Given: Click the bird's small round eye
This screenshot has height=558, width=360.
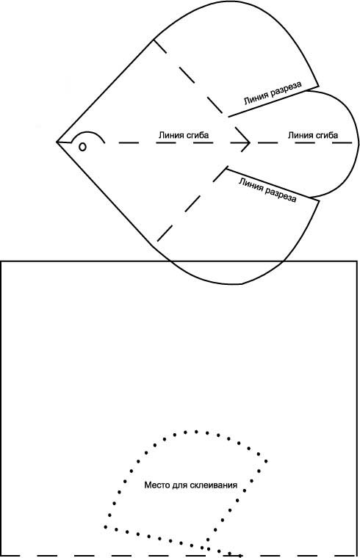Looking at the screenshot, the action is coord(82,146).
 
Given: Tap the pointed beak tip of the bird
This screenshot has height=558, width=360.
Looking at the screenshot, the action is coord(57,142).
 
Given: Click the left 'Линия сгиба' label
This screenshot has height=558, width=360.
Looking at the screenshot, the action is coord(184,135).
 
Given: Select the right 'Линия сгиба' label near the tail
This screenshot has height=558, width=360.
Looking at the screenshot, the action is coord(313,135).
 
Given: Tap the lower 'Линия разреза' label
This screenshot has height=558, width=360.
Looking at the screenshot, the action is coord(267,190).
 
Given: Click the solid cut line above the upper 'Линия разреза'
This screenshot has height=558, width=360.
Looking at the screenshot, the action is coord(273,101).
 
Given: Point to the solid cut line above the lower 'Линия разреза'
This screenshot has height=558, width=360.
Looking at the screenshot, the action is coord(273,185).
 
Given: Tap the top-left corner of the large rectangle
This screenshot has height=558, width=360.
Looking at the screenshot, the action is coord(1,261).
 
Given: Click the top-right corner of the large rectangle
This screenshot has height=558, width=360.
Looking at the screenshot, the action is coord(357,261).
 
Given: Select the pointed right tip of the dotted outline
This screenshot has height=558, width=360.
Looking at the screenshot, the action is coord(266,461).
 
